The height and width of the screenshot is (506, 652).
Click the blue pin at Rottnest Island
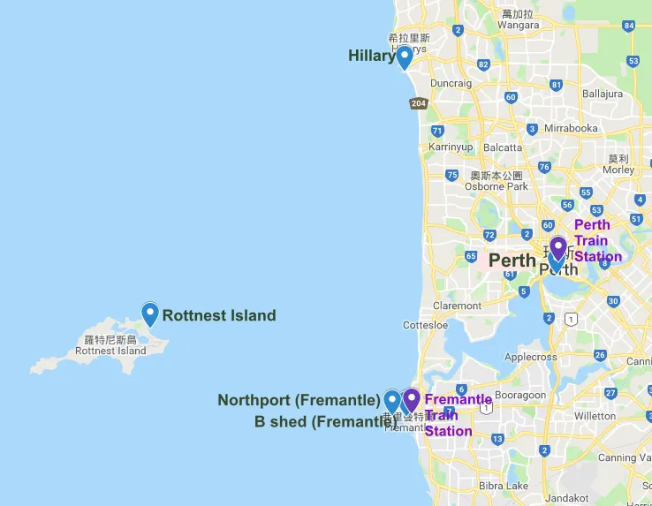point(150,313)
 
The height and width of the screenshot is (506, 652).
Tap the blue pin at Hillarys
point(404,57)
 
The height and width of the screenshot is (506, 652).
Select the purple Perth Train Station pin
point(558,248)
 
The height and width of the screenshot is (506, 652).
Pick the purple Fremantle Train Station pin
point(410,401)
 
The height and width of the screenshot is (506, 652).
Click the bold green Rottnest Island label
point(219,315)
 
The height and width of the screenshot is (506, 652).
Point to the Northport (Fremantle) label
point(299,400)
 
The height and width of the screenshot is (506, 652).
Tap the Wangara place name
point(519,25)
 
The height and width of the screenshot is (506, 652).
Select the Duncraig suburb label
point(451,83)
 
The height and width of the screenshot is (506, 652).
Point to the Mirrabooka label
point(571,128)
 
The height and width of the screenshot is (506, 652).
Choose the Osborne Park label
point(497,186)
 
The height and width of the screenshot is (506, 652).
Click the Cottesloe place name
point(425,325)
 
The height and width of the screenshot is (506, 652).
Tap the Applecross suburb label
point(530,358)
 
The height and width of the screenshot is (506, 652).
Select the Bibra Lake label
point(504,486)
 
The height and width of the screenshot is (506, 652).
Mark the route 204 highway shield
point(419,103)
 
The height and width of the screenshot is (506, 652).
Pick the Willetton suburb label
point(595,415)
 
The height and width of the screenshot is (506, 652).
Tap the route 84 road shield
point(628,26)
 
